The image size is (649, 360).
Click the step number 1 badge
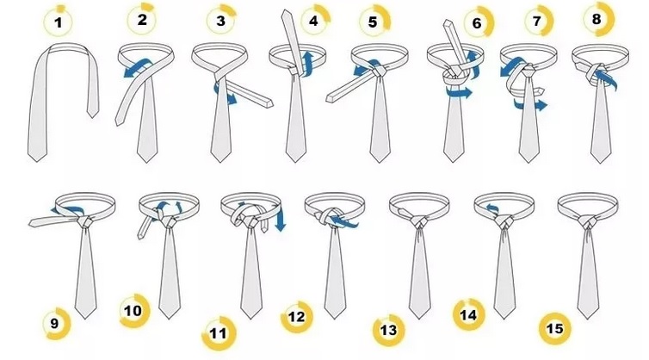(x=58, y=22)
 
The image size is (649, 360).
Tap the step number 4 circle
(x=314, y=20)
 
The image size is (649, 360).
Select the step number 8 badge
(x=597, y=19)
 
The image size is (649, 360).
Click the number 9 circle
(x=55, y=324)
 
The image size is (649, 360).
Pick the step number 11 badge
(x=219, y=333)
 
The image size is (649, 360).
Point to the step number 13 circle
(x=389, y=330)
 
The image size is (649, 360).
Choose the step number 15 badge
(x=554, y=328)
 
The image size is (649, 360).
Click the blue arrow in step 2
(x=138, y=67)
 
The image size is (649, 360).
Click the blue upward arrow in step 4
(x=306, y=64)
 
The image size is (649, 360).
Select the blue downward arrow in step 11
(x=281, y=217)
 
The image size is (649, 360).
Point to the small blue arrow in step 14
(x=492, y=208)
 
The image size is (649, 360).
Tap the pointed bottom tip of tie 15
(x=587, y=318)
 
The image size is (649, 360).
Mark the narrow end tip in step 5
(x=330, y=98)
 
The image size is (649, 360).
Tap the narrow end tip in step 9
(x=32, y=224)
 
